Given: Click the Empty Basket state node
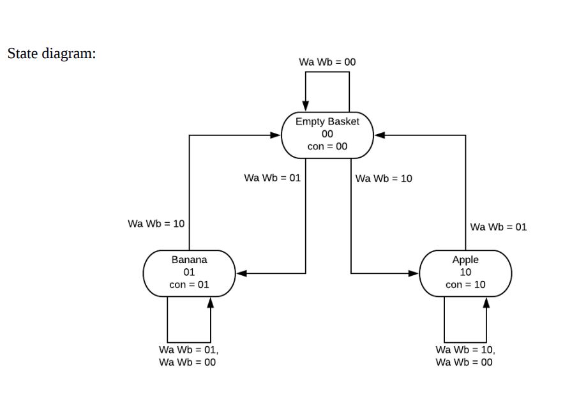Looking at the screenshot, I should [x=327, y=134].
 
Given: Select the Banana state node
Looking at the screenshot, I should [x=189, y=273].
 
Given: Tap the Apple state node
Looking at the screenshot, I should [x=465, y=273].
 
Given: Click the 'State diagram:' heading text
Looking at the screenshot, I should [x=52, y=53].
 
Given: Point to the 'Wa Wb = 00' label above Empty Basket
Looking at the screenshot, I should [x=327, y=62].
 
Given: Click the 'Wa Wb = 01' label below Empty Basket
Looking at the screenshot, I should [x=272, y=178].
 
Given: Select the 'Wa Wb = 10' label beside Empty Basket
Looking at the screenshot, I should [x=384, y=178].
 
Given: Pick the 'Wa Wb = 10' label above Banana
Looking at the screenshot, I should [x=156, y=224].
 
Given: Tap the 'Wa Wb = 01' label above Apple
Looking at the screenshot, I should [x=499, y=227].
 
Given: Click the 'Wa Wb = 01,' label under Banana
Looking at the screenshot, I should [x=188, y=350].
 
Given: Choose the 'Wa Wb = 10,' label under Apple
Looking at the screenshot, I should [x=465, y=350].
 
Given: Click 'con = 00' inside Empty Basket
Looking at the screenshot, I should [x=327, y=146].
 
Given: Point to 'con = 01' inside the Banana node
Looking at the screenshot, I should [x=189, y=285].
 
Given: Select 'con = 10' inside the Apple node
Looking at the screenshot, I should [x=465, y=285].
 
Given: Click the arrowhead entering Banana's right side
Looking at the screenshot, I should [x=241, y=273].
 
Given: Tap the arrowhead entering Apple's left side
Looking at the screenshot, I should [x=414, y=273].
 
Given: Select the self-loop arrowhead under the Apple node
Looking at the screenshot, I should [x=486, y=301].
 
